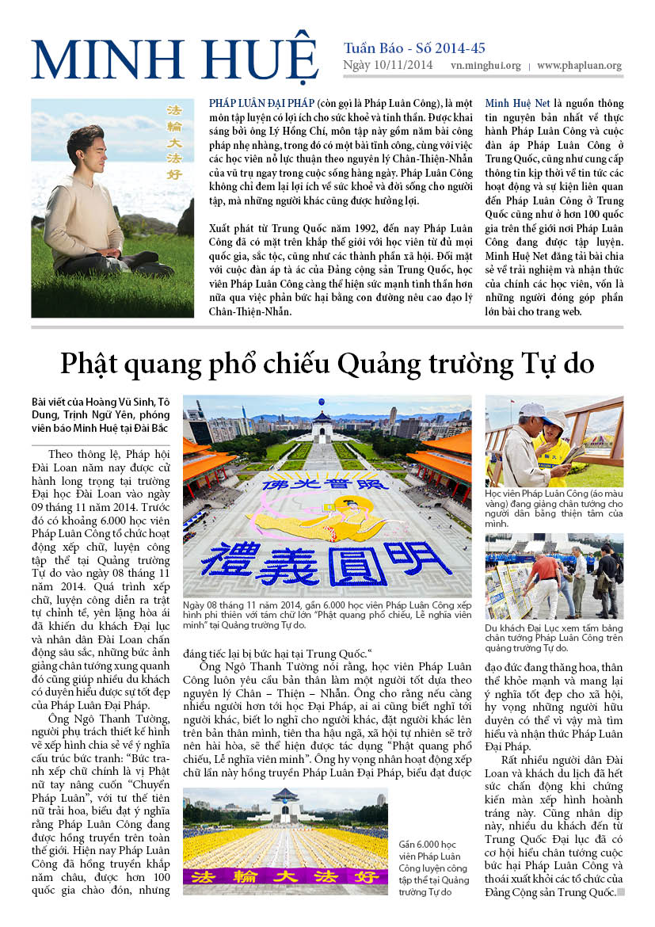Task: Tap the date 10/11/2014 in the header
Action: (403, 66)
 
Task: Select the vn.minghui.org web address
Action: (486, 66)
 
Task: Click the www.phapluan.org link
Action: (578, 66)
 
